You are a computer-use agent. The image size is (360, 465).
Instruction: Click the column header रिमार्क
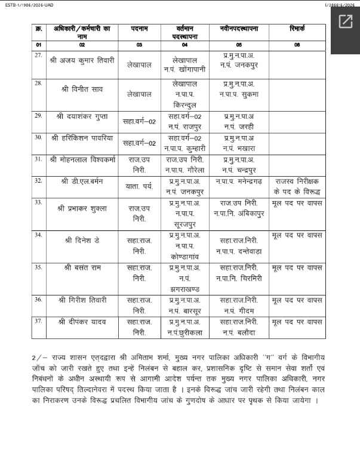(x=297, y=29)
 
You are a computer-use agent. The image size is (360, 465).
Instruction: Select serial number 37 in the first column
(x=38, y=321)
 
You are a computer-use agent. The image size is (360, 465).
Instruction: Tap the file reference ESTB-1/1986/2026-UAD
(x=26, y=4)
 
